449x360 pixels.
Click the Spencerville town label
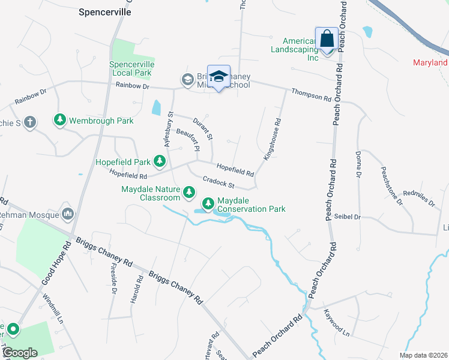coord(105,12)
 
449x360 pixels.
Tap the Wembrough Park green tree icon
coord(60,121)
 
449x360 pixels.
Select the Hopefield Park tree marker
coord(160,161)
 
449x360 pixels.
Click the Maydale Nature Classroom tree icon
coord(189,193)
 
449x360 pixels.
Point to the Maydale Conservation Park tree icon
coord(208,204)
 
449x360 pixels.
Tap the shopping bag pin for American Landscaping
coord(327,39)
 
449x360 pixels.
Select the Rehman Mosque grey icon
coord(67,214)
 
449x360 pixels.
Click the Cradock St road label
coord(218,181)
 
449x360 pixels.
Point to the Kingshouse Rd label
coord(273,139)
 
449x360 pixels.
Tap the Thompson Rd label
coord(311,94)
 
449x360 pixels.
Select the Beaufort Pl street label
coord(187,139)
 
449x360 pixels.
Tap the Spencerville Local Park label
coord(132,68)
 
